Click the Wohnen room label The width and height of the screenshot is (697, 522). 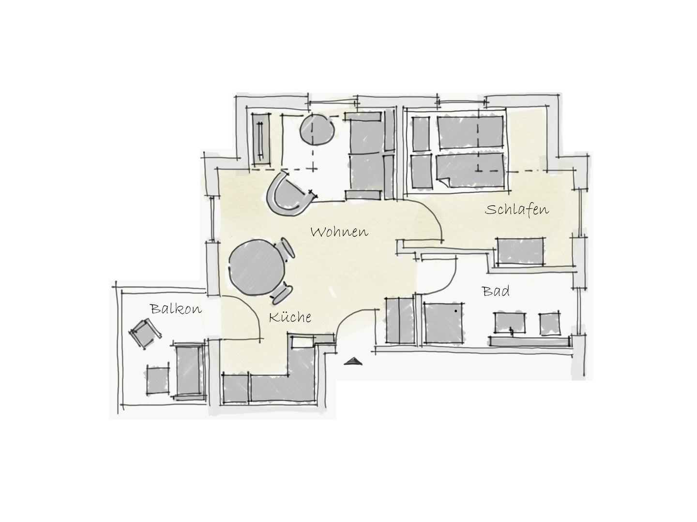(339, 232)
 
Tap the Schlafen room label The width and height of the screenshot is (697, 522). (516, 209)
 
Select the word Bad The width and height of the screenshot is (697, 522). (496, 290)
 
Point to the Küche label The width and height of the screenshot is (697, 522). (289, 317)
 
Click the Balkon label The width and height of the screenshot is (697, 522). (176, 308)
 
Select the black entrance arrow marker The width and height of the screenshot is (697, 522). (353, 361)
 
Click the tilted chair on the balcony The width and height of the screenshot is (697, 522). (145, 333)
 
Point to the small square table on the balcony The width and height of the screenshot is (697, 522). (157, 380)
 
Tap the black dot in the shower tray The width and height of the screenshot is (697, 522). (455, 311)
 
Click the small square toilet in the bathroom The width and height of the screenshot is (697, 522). (550, 323)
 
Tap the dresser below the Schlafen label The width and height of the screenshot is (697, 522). (520, 251)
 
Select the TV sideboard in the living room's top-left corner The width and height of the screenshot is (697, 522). (261, 139)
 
